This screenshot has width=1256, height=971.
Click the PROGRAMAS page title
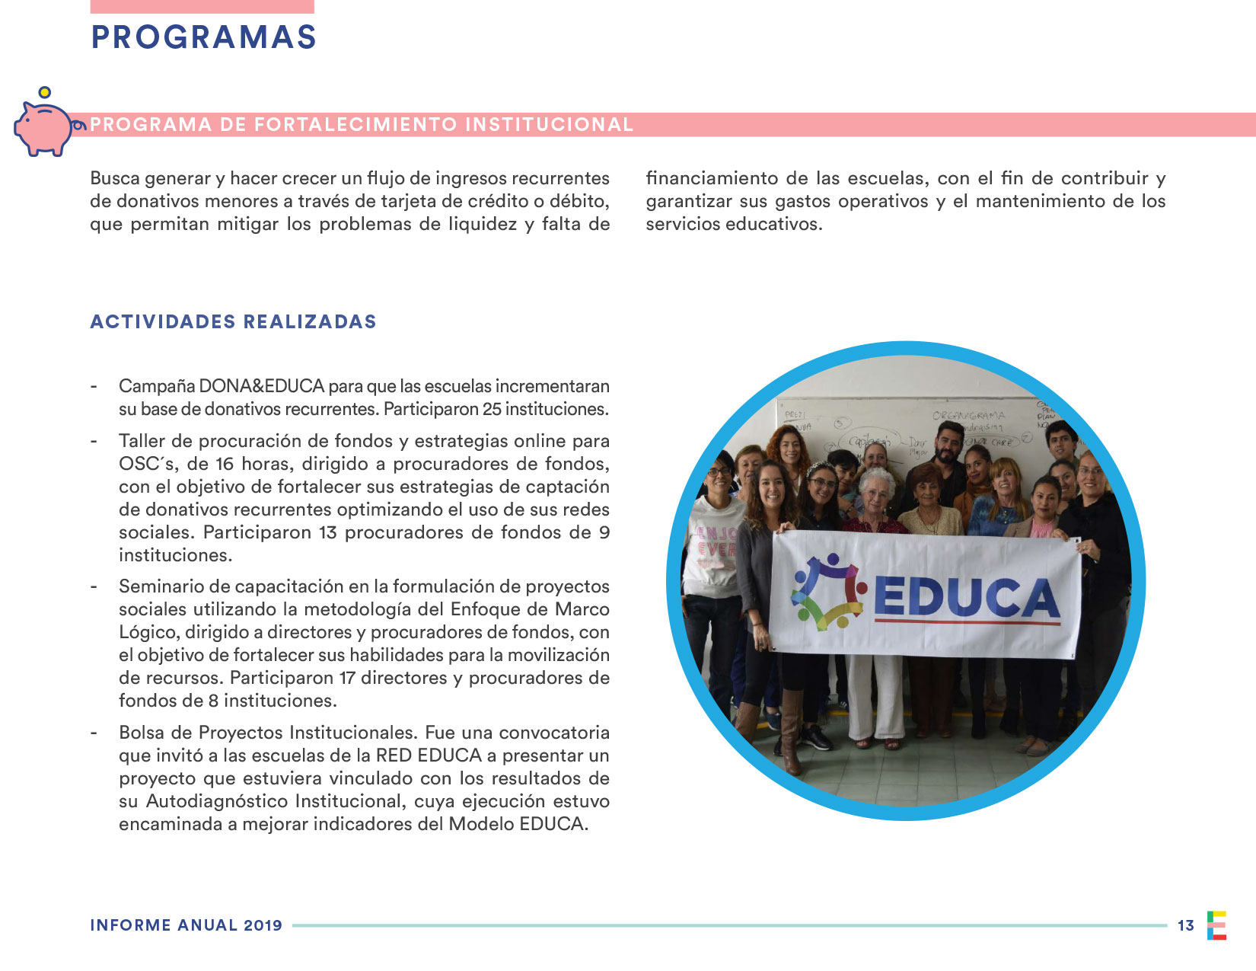pos(203,37)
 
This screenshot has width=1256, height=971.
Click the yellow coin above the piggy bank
pos(45,93)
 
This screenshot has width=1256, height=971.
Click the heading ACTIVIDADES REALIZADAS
pos(233,321)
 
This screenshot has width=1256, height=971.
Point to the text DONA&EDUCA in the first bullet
pos(261,386)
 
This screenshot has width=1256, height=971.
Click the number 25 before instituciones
pos(492,409)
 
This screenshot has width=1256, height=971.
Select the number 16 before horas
pos(225,464)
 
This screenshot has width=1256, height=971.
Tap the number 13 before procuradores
pos(328,532)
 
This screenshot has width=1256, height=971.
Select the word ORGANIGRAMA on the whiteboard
pos(968,416)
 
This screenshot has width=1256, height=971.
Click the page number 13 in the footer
pos(1185,925)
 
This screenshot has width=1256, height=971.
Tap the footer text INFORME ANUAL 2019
pos(186,925)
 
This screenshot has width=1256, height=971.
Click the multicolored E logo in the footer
pos(1216,925)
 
